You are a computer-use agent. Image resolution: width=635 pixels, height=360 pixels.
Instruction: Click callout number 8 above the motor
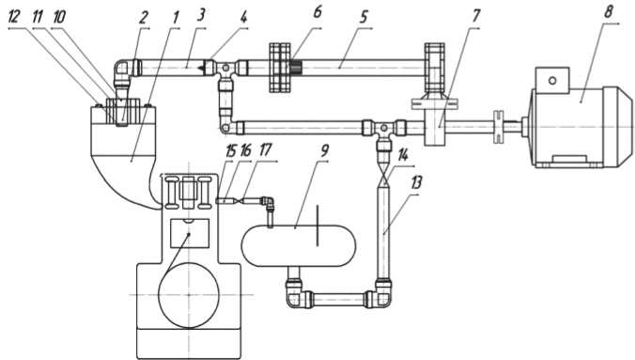click(x=608, y=12)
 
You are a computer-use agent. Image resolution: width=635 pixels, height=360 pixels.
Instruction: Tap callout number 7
click(x=476, y=16)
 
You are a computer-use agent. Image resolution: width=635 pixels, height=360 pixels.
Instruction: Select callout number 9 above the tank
click(x=324, y=150)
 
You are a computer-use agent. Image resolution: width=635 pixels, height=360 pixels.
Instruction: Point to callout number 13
click(x=416, y=183)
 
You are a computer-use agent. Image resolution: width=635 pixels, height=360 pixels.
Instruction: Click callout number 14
click(x=403, y=155)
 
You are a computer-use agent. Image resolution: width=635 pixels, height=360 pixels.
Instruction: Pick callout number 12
click(x=14, y=17)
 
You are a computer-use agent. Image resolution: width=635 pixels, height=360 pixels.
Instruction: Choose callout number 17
click(x=265, y=150)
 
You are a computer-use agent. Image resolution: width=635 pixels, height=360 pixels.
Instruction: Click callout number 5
click(x=364, y=17)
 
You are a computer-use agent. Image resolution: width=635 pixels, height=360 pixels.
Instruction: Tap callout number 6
click(x=317, y=12)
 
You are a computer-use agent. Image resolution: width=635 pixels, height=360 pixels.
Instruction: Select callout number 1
click(x=176, y=17)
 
